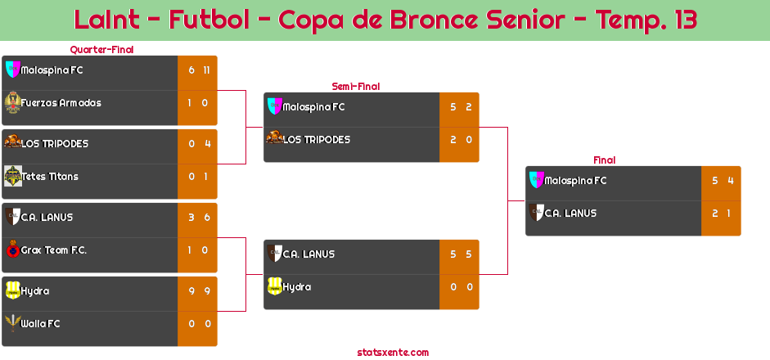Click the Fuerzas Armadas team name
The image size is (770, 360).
(61, 103)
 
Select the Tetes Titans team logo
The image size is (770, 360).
(12, 176)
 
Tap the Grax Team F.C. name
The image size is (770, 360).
(54, 250)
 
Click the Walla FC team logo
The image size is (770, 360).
(12, 323)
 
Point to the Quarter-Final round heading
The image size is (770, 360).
(101, 50)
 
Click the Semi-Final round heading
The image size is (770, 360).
(354, 86)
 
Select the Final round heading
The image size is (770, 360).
(603, 160)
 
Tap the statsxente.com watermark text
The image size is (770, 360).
(393, 353)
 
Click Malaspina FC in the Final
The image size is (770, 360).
(575, 181)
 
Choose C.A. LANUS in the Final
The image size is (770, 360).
(570, 214)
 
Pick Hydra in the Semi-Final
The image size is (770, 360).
(296, 287)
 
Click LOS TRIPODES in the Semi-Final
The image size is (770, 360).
(317, 140)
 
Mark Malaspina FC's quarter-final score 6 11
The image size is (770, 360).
(199, 70)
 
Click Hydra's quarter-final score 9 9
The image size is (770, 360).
(199, 291)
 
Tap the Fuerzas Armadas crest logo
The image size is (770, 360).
(12, 102)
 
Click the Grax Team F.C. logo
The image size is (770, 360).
(12, 250)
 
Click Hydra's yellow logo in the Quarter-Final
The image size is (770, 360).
(12, 290)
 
